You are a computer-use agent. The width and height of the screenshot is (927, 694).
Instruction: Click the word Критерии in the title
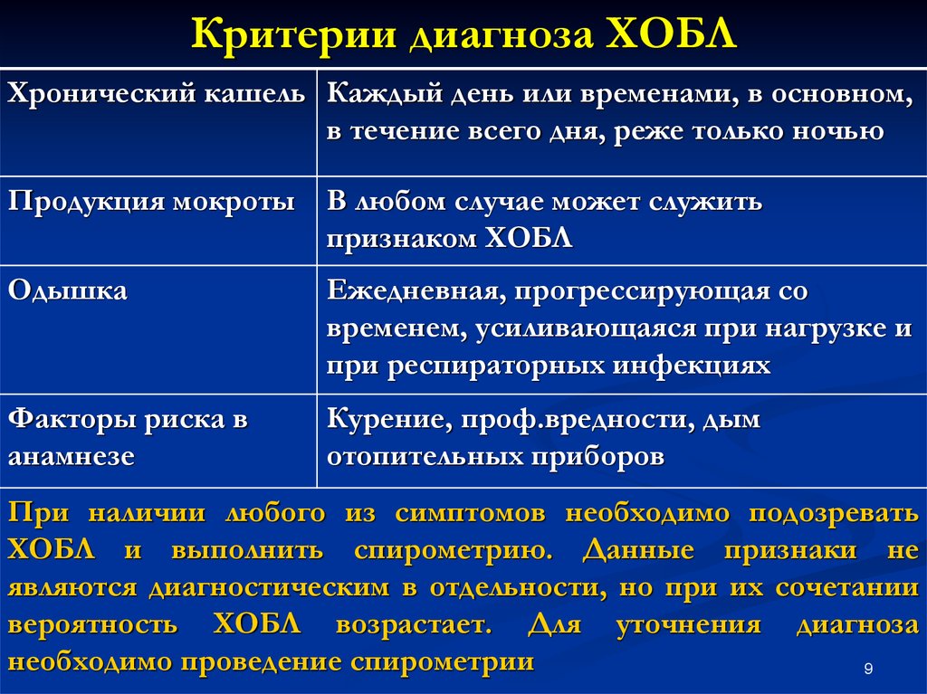point(293,35)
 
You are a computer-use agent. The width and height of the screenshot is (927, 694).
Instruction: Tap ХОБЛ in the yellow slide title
point(672,33)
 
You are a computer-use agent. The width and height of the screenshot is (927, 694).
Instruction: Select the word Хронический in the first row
point(101,95)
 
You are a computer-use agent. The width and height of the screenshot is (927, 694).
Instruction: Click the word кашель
point(254,94)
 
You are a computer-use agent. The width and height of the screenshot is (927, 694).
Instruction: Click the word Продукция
point(86,203)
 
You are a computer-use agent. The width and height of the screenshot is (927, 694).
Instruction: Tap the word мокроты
point(234,203)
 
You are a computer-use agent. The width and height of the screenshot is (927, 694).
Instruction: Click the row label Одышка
point(67,290)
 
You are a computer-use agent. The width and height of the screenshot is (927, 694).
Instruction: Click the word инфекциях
point(691,365)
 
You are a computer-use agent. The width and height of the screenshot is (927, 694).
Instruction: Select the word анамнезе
point(72,457)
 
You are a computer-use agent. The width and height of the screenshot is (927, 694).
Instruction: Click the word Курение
point(390,419)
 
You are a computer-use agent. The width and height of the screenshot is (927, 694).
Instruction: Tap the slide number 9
point(868,669)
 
